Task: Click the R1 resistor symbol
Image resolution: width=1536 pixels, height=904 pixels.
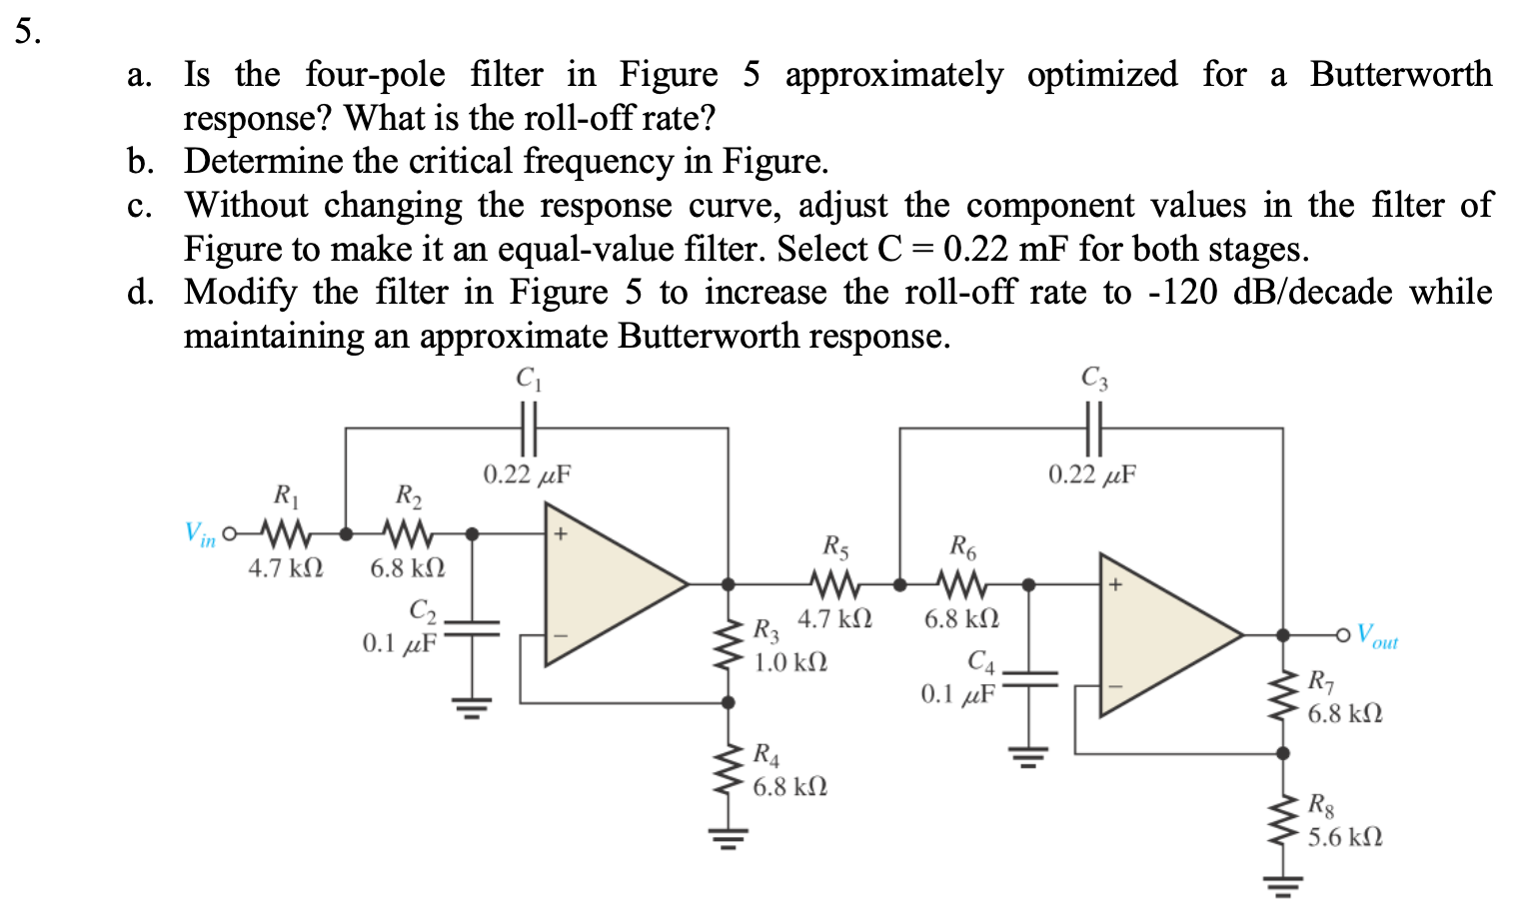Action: [x=284, y=532]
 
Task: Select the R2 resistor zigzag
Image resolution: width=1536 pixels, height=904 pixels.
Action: [x=407, y=532]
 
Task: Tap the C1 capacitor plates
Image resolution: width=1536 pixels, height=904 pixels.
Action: [x=529, y=428]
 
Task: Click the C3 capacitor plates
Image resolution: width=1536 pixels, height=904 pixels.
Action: [x=1093, y=428]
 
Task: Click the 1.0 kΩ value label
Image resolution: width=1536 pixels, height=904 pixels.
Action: [x=789, y=662]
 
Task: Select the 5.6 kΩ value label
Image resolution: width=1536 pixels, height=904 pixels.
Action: [x=1345, y=837]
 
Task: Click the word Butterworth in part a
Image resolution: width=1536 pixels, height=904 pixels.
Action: [x=1400, y=74]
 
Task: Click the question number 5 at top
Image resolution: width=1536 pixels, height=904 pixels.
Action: [x=28, y=32]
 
